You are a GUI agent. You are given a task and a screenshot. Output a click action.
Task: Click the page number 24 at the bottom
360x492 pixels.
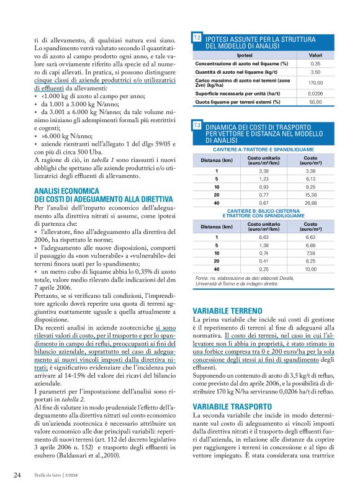pos(17,476)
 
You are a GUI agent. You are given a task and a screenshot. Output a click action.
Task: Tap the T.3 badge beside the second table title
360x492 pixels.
pos(197,125)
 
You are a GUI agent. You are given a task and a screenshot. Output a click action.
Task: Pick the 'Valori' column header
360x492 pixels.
pos(315,56)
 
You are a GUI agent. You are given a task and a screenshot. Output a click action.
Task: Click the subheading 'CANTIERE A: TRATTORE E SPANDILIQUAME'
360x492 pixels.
pos(263,150)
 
